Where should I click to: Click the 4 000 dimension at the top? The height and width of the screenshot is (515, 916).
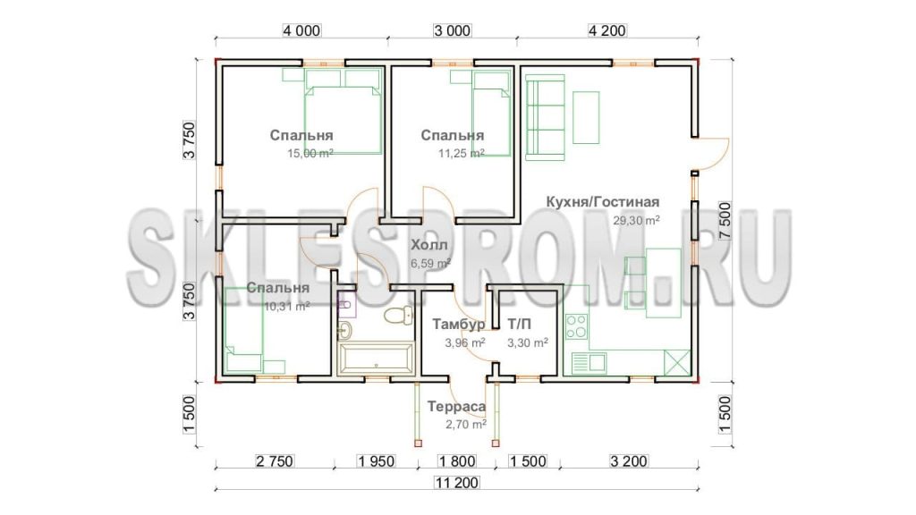point(301,30)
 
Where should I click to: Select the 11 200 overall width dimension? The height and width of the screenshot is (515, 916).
point(457,483)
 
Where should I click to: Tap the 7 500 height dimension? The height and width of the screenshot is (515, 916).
point(725,220)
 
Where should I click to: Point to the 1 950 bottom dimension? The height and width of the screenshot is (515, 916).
point(377,461)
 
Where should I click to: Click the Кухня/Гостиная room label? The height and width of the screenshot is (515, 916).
point(603,202)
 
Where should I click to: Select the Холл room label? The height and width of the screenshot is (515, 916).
point(428,245)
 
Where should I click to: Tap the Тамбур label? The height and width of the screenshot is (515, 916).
point(459,324)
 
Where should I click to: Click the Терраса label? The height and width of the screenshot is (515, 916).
point(457,407)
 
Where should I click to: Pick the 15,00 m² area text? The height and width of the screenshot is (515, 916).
point(310,153)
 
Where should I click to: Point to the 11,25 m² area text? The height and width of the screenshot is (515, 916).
point(462,153)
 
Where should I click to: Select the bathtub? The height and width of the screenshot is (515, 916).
point(377,358)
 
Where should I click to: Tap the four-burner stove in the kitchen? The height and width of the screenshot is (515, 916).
point(577,326)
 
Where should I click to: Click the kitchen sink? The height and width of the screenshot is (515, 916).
point(589,363)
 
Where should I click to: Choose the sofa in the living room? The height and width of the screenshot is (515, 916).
point(545,117)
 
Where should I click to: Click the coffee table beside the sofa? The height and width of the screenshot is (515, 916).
point(586,117)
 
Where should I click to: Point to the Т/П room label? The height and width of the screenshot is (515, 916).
point(520,325)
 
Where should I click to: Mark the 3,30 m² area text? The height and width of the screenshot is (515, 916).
point(528,342)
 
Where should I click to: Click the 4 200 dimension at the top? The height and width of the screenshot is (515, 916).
point(607,30)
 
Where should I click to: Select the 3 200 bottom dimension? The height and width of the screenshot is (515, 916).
point(629,461)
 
